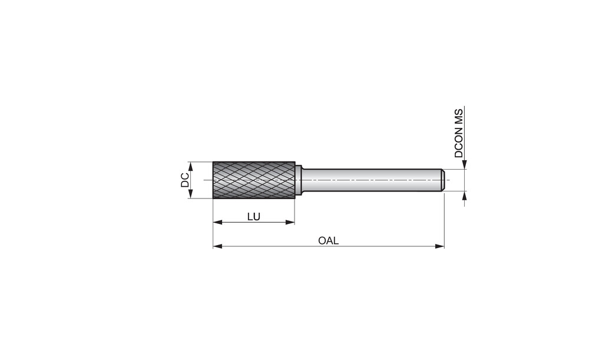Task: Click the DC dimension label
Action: pos(185,180)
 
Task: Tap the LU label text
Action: pos(253,216)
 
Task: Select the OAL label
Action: pos(328,240)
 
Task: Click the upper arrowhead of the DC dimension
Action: pos(190,167)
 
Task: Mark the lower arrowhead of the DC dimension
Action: pos(190,193)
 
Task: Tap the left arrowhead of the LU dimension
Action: pos(218,222)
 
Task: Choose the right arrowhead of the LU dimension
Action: pos(290,222)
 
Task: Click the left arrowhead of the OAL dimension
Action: pos(218,246)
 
